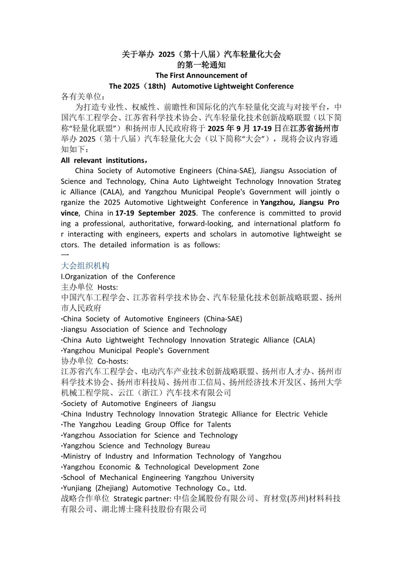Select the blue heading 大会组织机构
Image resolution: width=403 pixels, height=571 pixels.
[85, 266]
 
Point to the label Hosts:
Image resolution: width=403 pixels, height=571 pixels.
[108, 287]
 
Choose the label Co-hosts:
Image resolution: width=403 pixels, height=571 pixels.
[113, 361]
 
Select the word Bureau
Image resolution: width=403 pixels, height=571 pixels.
[198, 446]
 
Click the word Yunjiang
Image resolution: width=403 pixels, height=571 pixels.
[76, 488]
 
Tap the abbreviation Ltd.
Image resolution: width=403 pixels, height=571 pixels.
[240, 488]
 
